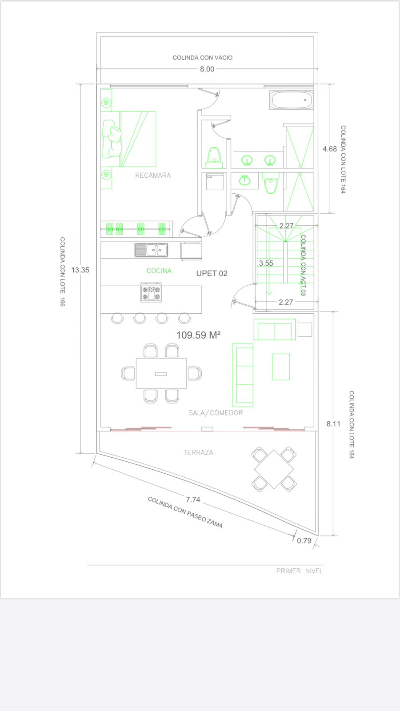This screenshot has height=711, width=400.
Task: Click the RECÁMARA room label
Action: (x=153, y=175)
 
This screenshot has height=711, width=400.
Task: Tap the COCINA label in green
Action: (x=159, y=271)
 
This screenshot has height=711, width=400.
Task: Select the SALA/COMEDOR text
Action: (x=216, y=413)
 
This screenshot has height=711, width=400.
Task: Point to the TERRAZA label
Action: (x=198, y=452)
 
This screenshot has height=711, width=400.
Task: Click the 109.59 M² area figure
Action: (x=198, y=335)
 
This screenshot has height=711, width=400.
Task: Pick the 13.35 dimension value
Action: (x=80, y=270)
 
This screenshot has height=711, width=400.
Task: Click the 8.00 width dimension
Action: (x=207, y=69)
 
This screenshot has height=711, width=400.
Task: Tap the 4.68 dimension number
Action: (x=330, y=149)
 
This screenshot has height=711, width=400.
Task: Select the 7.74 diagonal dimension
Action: (x=193, y=499)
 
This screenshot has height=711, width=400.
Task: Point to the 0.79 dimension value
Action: (x=304, y=541)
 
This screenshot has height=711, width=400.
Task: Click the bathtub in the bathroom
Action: (x=292, y=100)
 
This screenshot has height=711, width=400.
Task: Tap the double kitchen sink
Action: (x=152, y=250)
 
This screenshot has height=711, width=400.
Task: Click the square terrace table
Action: (x=274, y=469)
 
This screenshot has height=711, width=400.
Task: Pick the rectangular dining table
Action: (x=161, y=374)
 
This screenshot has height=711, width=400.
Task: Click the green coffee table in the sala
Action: (x=281, y=367)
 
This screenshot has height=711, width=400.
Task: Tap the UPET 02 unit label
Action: (x=212, y=273)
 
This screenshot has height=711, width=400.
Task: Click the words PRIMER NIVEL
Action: (x=300, y=571)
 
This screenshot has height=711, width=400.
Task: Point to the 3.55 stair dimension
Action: (x=266, y=263)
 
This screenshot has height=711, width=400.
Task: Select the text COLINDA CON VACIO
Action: (x=203, y=58)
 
